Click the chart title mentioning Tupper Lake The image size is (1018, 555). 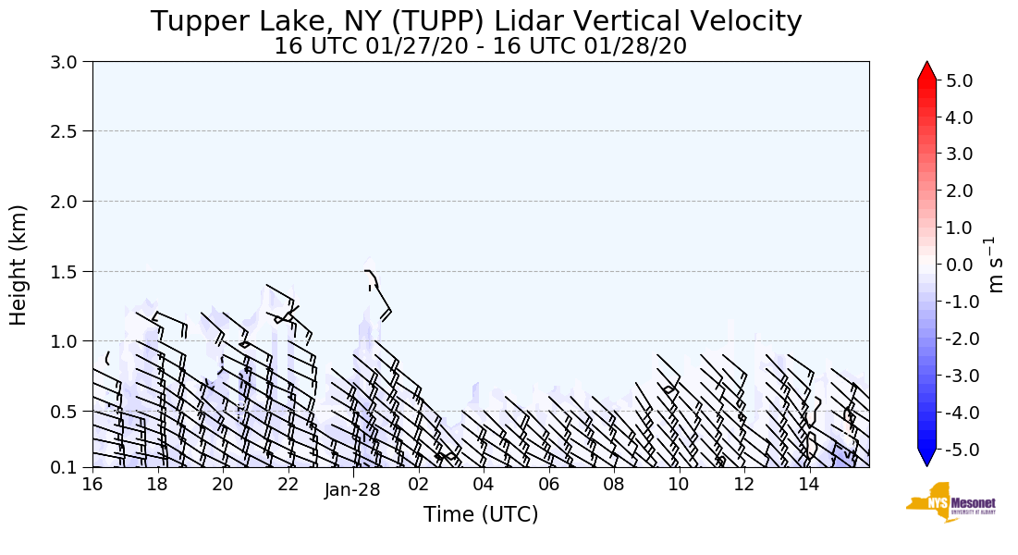click(x=476, y=21)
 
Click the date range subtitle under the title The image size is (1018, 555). click(x=480, y=46)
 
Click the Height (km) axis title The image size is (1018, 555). click(x=18, y=265)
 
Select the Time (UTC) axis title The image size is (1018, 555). click(x=480, y=514)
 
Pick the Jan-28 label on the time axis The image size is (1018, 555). click(x=352, y=491)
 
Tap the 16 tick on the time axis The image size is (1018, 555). click(x=92, y=484)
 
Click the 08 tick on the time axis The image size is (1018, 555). click(x=614, y=484)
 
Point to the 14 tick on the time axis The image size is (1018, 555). click(x=809, y=484)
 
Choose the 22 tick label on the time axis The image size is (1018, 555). click(x=288, y=484)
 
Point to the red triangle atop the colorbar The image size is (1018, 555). click(x=926, y=71)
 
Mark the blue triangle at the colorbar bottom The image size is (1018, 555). click(x=926, y=457)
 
